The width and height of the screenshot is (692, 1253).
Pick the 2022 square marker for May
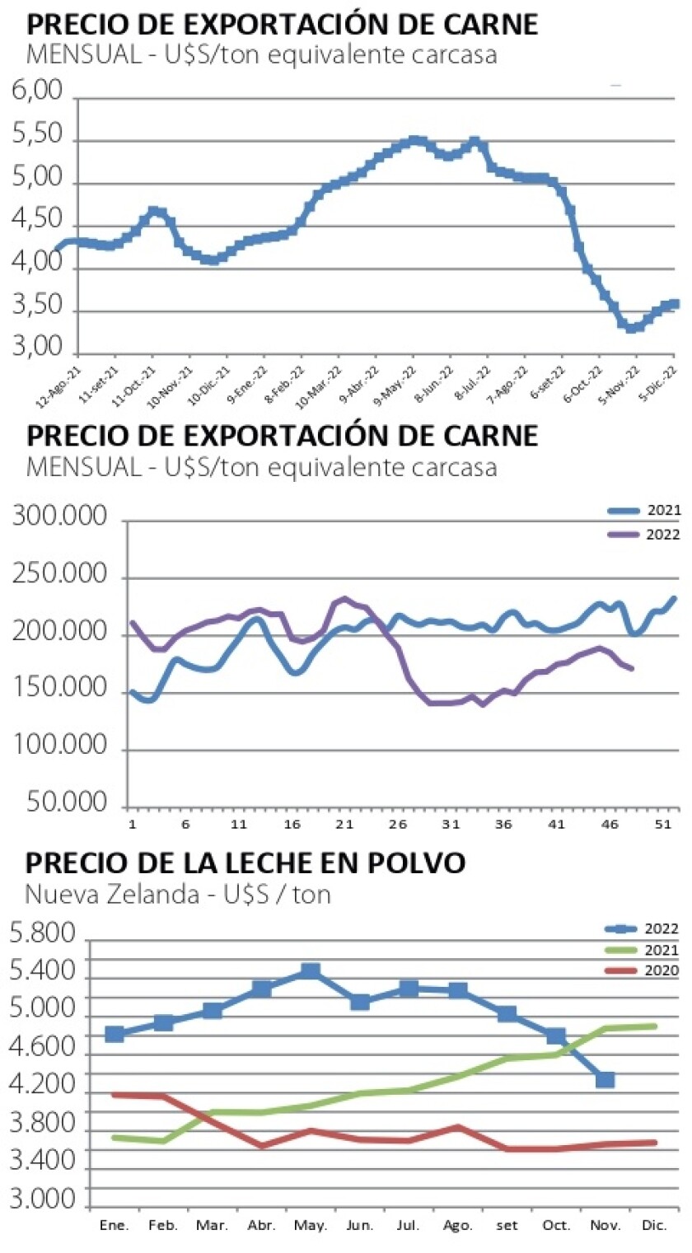pos(311,972)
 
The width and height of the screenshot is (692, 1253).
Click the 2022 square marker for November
pos(605,1080)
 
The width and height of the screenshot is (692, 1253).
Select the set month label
pos(507,1226)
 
